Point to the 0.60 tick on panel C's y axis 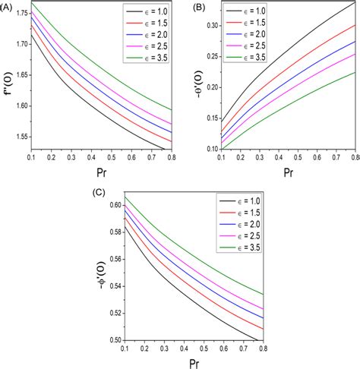[112, 206]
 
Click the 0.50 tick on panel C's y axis [112, 340]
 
